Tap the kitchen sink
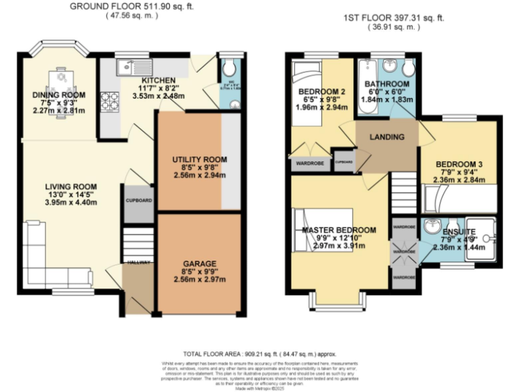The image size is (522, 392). pos(127,66)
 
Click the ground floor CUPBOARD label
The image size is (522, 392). pos(139,201)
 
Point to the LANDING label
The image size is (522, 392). pos(387,137)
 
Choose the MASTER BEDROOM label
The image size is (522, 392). pos(339,230)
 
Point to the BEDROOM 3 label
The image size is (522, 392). pos(459,165)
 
